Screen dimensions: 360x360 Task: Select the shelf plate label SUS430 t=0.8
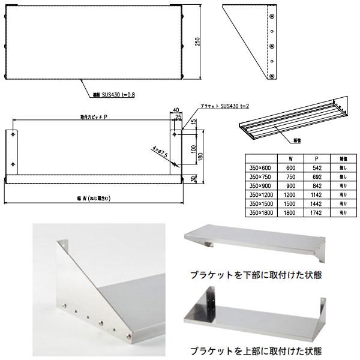[x=113, y=94]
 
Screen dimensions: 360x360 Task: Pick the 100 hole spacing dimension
[x=194, y=148]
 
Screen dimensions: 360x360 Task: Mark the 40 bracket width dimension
[x=175, y=110]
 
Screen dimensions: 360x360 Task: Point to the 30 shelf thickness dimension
[x=194, y=179]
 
